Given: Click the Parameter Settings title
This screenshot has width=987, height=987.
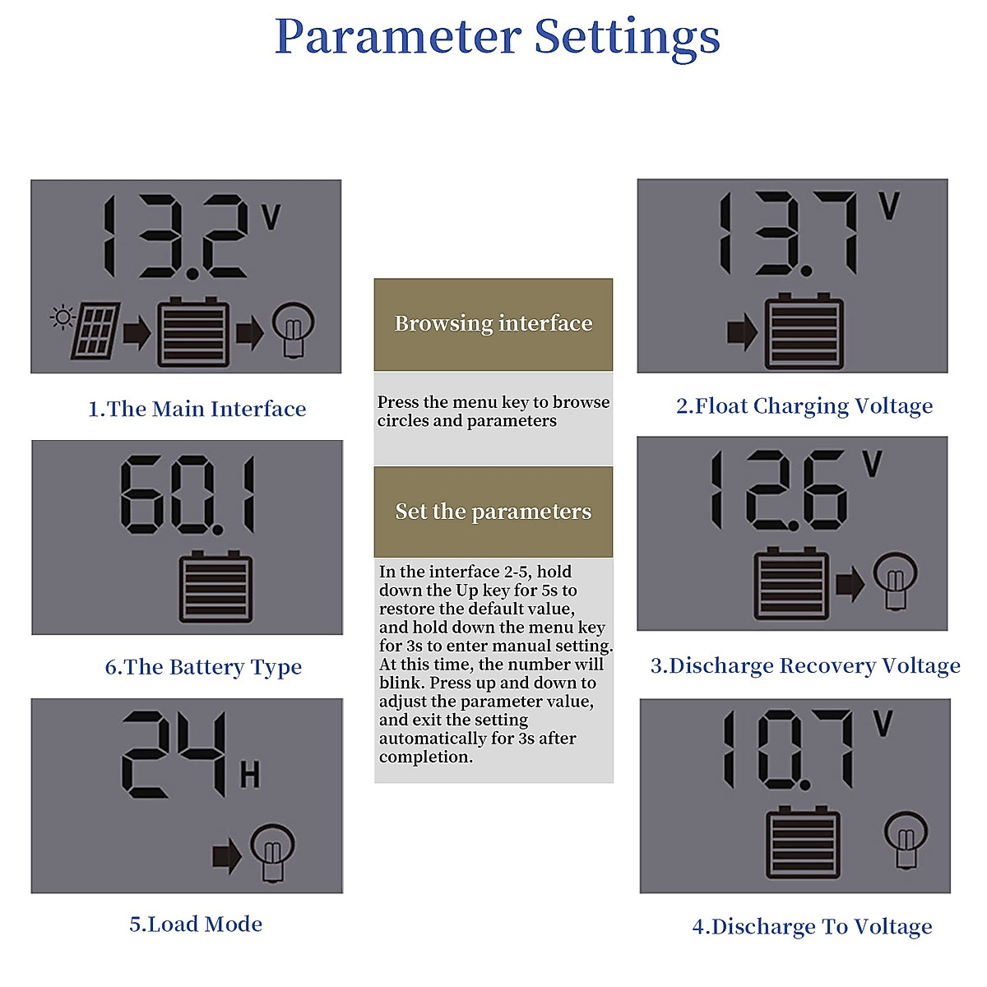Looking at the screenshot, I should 497,37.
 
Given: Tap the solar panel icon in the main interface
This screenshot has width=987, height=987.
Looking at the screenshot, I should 96,331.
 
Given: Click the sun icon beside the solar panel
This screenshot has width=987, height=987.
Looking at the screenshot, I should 63,317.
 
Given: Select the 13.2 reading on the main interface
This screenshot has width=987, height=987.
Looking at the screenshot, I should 174,237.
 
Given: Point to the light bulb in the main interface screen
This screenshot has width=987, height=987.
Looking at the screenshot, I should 294,328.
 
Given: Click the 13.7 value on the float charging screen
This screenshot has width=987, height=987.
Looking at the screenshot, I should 788,234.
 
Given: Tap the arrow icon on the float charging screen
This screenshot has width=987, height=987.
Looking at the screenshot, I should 742,332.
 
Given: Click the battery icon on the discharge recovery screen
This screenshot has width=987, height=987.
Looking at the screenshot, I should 791,585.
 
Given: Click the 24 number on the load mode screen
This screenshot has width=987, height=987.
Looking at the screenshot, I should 174,754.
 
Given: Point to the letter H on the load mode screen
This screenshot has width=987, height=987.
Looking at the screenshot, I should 250,775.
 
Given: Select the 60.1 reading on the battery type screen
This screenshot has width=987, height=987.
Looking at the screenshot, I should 188,494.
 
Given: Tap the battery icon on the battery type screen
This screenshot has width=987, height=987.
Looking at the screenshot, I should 215,587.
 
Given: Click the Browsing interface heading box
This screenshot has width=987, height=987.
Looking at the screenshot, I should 493,324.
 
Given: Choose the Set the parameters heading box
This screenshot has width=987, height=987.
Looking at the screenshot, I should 493,512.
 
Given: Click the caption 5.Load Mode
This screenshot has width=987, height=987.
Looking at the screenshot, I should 196,924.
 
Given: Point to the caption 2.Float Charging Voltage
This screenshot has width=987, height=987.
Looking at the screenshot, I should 804,405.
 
